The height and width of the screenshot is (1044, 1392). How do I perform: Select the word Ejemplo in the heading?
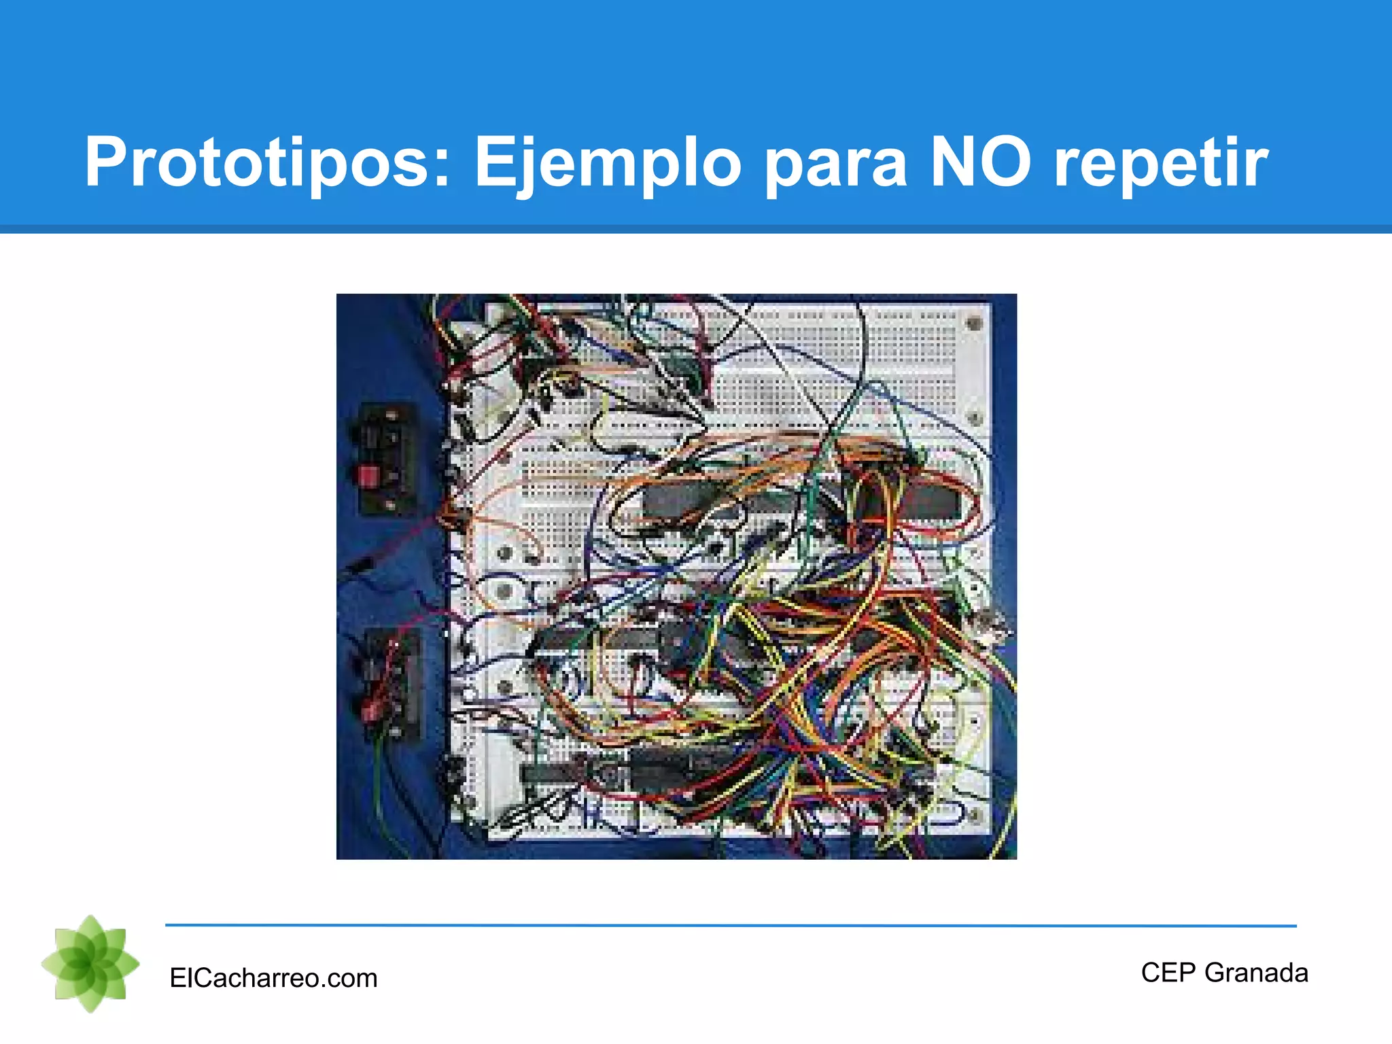[x=607, y=163]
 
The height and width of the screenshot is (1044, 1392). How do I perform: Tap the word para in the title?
[x=835, y=163]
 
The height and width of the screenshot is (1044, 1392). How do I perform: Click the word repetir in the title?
[x=1160, y=163]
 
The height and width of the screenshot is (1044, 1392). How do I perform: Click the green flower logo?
[x=90, y=964]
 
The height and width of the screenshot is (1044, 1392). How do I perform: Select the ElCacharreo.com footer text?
[x=273, y=978]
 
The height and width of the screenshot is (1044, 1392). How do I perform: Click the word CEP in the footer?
[x=1168, y=973]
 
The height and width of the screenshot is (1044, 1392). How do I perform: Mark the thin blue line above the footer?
[x=731, y=925]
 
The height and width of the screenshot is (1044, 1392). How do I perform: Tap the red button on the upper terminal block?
[x=368, y=475]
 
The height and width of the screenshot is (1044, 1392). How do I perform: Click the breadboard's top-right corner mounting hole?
[x=973, y=323]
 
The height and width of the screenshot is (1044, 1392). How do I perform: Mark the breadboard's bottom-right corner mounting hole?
[x=973, y=815]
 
